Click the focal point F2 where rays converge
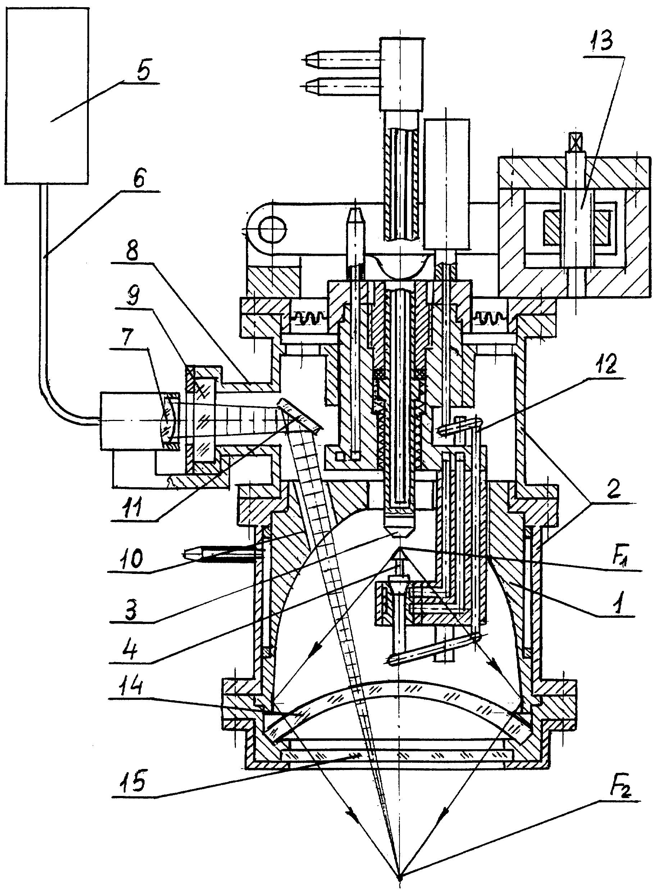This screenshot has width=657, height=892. coord(399,874)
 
